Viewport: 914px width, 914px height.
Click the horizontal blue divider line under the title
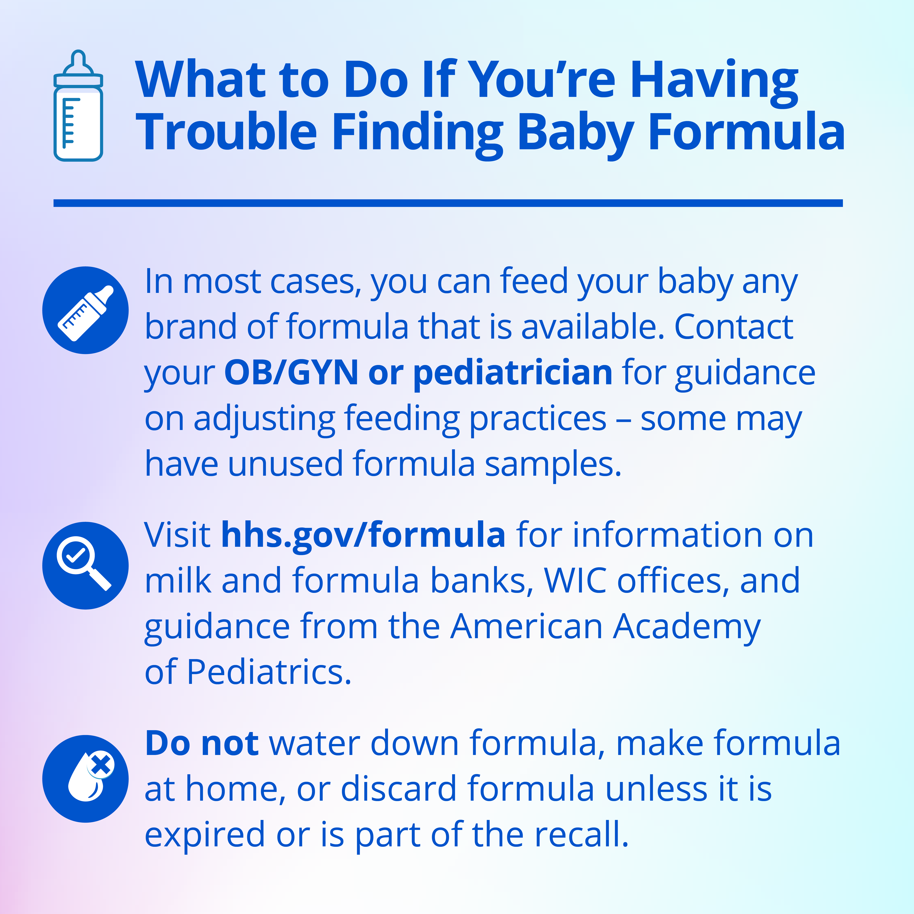point(448,203)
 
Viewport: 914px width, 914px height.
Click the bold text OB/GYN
point(291,373)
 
